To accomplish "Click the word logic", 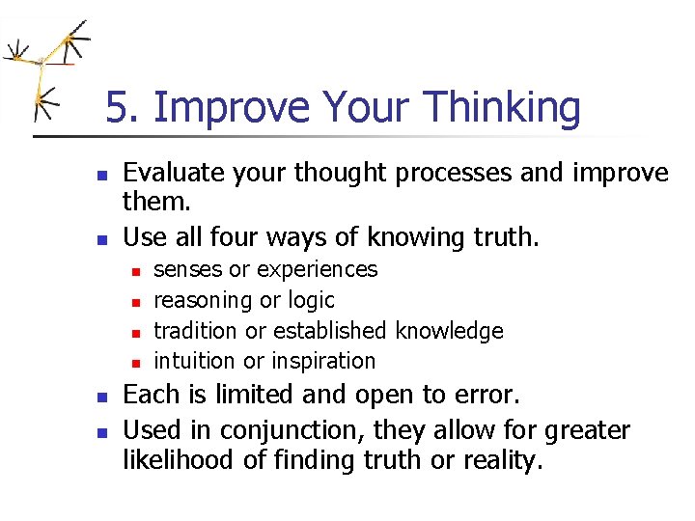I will click(x=311, y=301).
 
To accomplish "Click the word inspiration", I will click(x=322, y=362).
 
